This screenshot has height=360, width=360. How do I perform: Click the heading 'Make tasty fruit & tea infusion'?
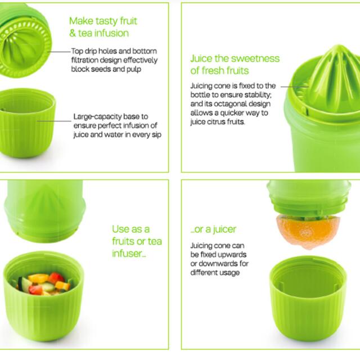point(103,27)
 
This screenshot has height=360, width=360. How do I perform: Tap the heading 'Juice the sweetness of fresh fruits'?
point(235,64)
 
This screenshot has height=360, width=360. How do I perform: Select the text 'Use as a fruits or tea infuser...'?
point(137,241)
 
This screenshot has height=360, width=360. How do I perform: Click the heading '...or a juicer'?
point(214,229)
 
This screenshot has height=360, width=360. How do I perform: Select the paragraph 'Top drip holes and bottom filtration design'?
point(114,60)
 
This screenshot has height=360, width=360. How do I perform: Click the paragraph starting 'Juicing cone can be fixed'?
point(219,259)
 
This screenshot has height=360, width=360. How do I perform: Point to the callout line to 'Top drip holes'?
point(59,51)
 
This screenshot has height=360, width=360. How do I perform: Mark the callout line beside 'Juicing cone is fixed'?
point(291,87)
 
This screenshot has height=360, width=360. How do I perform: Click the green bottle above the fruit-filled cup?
point(42,209)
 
